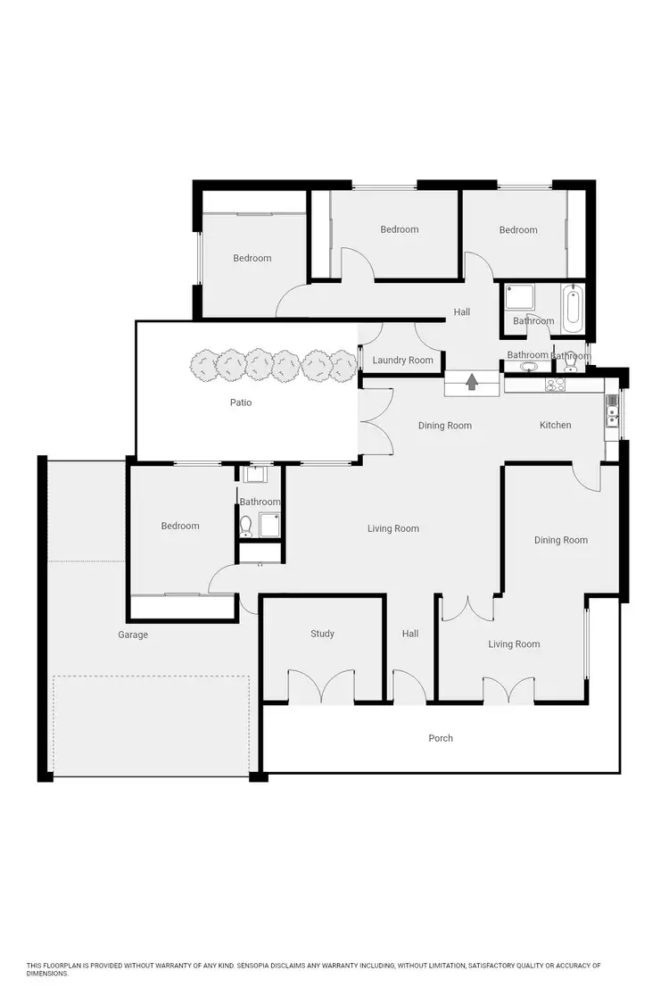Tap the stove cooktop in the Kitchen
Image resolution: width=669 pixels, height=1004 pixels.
coord(556,386)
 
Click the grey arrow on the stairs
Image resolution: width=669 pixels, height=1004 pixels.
coord(472,383)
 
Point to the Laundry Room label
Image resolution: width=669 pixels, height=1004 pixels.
coord(402,361)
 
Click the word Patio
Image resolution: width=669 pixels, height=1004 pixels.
coord(241,402)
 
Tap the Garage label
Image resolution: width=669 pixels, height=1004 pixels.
coord(133,635)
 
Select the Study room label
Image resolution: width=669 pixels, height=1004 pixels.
coord(322,634)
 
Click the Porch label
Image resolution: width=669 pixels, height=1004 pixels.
coord(441,738)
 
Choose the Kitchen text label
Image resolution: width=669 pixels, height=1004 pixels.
coord(555,425)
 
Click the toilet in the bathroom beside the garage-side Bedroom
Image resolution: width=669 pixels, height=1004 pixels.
coord(246,524)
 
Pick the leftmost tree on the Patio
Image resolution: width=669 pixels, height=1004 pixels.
coord(204,364)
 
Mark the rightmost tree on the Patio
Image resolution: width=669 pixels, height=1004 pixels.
coord(342,364)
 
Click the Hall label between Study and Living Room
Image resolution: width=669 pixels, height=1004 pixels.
coord(409,634)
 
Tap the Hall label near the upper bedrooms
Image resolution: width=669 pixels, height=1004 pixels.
coord(461,312)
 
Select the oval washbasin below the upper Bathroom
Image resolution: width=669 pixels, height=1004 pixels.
coord(529,366)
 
